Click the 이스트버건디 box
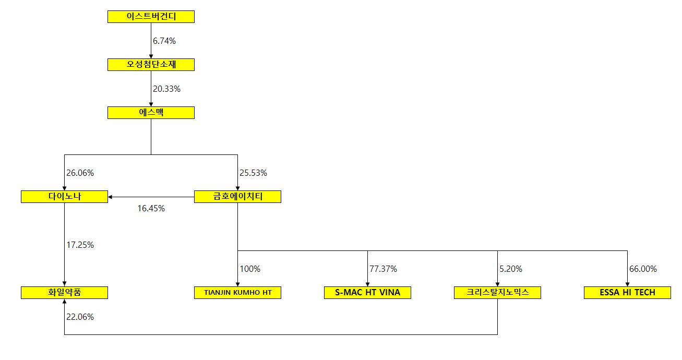(151, 17)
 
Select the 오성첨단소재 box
(151, 65)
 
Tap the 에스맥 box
(151, 113)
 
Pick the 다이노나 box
(64, 197)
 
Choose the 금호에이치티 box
(237, 197)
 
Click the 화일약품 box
(64, 293)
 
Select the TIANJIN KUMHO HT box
(237, 293)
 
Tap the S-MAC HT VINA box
(367, 293)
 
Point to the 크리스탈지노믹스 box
(497, 293)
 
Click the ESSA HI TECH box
(627, 293)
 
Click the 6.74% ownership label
(164, 41)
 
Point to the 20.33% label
(166, 89)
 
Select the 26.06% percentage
(80, 173)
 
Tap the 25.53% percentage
(253, 173)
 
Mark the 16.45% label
(151, 209)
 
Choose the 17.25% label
(80, 245)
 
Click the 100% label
(250, 269)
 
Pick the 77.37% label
(383, 269)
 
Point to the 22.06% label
(80, 317)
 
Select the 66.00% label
(643, 269)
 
